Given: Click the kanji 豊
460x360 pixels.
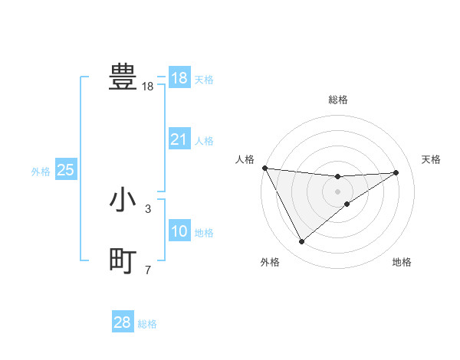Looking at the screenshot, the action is pyautogui.click(x=123, y=77).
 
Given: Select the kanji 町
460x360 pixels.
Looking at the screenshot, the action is pyautogui.click(x=123, y=261).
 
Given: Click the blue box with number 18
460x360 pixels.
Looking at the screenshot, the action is pyautogui.click(x=179, y=78).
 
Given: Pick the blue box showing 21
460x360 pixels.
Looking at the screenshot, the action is pyautogui.click(x=179, y=139).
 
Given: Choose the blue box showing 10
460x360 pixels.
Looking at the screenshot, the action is pyautogui.click(x=179, y=231).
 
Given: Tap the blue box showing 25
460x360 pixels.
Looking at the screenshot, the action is pyautogui.click(x=66, y=170).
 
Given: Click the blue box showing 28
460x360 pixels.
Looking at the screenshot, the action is pyautogui.click(x=123, y=322).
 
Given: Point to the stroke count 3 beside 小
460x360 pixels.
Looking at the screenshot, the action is pyautogui.click(x=148, y=208).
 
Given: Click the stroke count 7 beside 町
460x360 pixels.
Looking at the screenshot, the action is pyautogui.click(x=148, y=270).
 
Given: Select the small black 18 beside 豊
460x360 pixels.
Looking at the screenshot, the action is pyautogui.click(x=148, y=87).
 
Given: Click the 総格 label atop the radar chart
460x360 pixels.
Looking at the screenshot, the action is pyautogui.click(x=338, y=100).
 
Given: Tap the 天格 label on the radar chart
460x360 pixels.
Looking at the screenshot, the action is pyautogui.click(x=431, y=159).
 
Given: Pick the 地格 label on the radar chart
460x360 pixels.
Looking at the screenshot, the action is pyautogui.click(x=402, y=263).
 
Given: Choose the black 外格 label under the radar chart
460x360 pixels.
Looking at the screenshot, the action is pyautogui.click(x=270, y=263).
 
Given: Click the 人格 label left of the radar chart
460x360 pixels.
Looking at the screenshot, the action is pyautogui.click(x=245, y=159).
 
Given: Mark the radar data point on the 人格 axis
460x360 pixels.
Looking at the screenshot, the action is pyautogui.click(x=264, y=168).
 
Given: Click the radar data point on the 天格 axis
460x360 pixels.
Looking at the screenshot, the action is pyautogui.click(x=396, y=172).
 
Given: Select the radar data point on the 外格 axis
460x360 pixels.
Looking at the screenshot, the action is pyautogui.click(x=301, y=242).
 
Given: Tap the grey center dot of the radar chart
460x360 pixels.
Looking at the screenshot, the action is pyautogui.click(x=338, y=191).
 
